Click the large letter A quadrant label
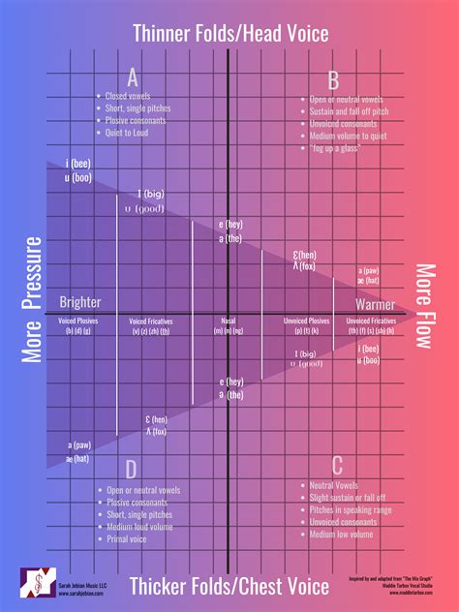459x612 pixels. tap(132, 78)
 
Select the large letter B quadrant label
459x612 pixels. tap(332, 79)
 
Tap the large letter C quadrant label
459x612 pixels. tap(337, 465)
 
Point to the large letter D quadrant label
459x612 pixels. tap(131, 470)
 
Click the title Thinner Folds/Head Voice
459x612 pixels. tap(229, 34)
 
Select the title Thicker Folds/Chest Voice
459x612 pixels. tap(229, 586)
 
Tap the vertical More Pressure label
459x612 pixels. tap(34, 299)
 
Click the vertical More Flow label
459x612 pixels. tap(425, 308)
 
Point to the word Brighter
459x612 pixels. tap(80, 302)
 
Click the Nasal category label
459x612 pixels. tap(229, 320)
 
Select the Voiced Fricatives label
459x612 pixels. tap(150, 320)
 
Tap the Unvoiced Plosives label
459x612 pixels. tap(305, 320)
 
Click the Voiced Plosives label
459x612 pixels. tap(78, 320)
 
